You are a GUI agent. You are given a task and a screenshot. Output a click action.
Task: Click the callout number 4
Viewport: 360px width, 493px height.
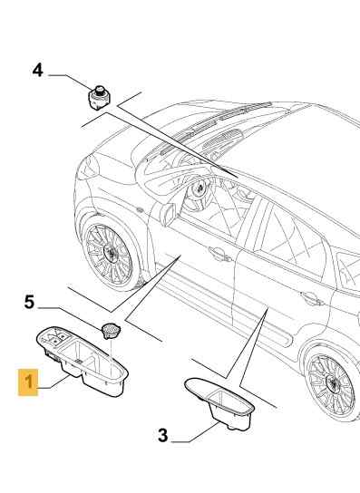point(37,70)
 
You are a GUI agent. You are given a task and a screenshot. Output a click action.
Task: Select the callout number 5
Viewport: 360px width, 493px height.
point(29,302)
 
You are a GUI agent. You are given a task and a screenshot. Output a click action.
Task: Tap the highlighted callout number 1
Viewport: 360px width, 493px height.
point(28,382)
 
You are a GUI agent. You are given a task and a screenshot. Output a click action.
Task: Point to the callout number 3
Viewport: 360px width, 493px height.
point(163,436)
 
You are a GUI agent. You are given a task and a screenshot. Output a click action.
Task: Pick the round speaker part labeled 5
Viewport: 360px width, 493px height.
point(111,331)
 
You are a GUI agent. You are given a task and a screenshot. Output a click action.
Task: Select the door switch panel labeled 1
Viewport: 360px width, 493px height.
point(83,361)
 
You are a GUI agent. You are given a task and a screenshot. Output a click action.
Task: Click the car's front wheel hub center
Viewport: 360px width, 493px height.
point(111,252)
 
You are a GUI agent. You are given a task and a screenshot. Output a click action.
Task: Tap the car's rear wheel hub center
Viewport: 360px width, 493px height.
point(332,383)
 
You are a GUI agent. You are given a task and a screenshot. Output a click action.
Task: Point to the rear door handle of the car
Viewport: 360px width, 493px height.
point(311,298)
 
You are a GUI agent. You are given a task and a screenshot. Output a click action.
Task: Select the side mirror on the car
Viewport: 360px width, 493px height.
point(168,214)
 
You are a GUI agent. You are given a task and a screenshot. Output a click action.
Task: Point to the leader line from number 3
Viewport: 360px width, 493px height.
point(196,433)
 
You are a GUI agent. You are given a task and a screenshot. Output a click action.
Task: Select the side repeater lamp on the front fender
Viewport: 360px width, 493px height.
point(138,208)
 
